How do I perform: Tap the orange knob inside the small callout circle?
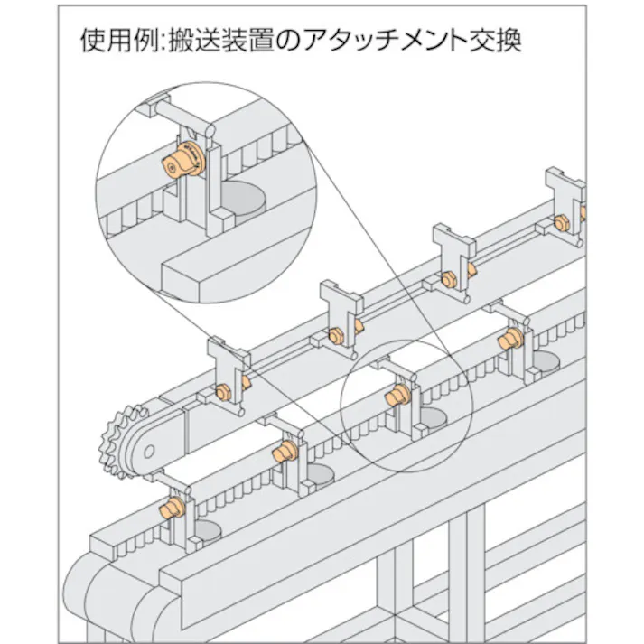pos(395,394)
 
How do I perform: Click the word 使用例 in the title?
pos(108,42)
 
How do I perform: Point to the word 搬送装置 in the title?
pos(213,42)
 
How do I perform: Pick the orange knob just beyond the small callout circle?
pos(509,340)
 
